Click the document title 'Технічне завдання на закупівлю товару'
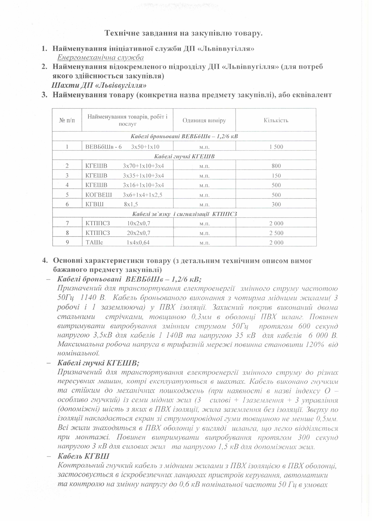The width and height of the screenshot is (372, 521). click(183, 34)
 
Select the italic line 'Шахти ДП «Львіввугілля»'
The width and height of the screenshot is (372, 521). click(99, 86)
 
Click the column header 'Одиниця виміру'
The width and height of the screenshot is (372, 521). click(204, 120)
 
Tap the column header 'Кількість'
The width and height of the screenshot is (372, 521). click(276, 120)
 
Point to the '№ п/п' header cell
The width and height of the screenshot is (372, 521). click(67, 120)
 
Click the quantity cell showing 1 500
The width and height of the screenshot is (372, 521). click(276, 146)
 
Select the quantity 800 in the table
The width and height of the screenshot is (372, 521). click(276, 166)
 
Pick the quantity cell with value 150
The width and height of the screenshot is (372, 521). click(276, 176)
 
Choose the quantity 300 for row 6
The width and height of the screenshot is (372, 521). click(276, 204)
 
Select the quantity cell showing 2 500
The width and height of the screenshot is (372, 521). click(276, 233)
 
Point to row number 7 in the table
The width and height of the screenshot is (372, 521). click(67, 223)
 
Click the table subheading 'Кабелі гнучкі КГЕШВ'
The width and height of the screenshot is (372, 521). click(184, 156)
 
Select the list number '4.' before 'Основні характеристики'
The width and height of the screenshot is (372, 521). click(45, 261)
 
